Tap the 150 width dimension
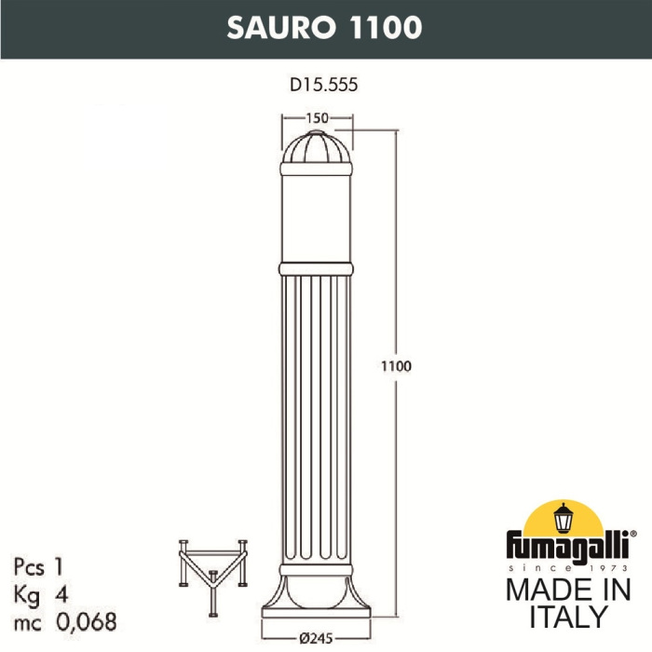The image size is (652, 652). click(319, 118)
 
